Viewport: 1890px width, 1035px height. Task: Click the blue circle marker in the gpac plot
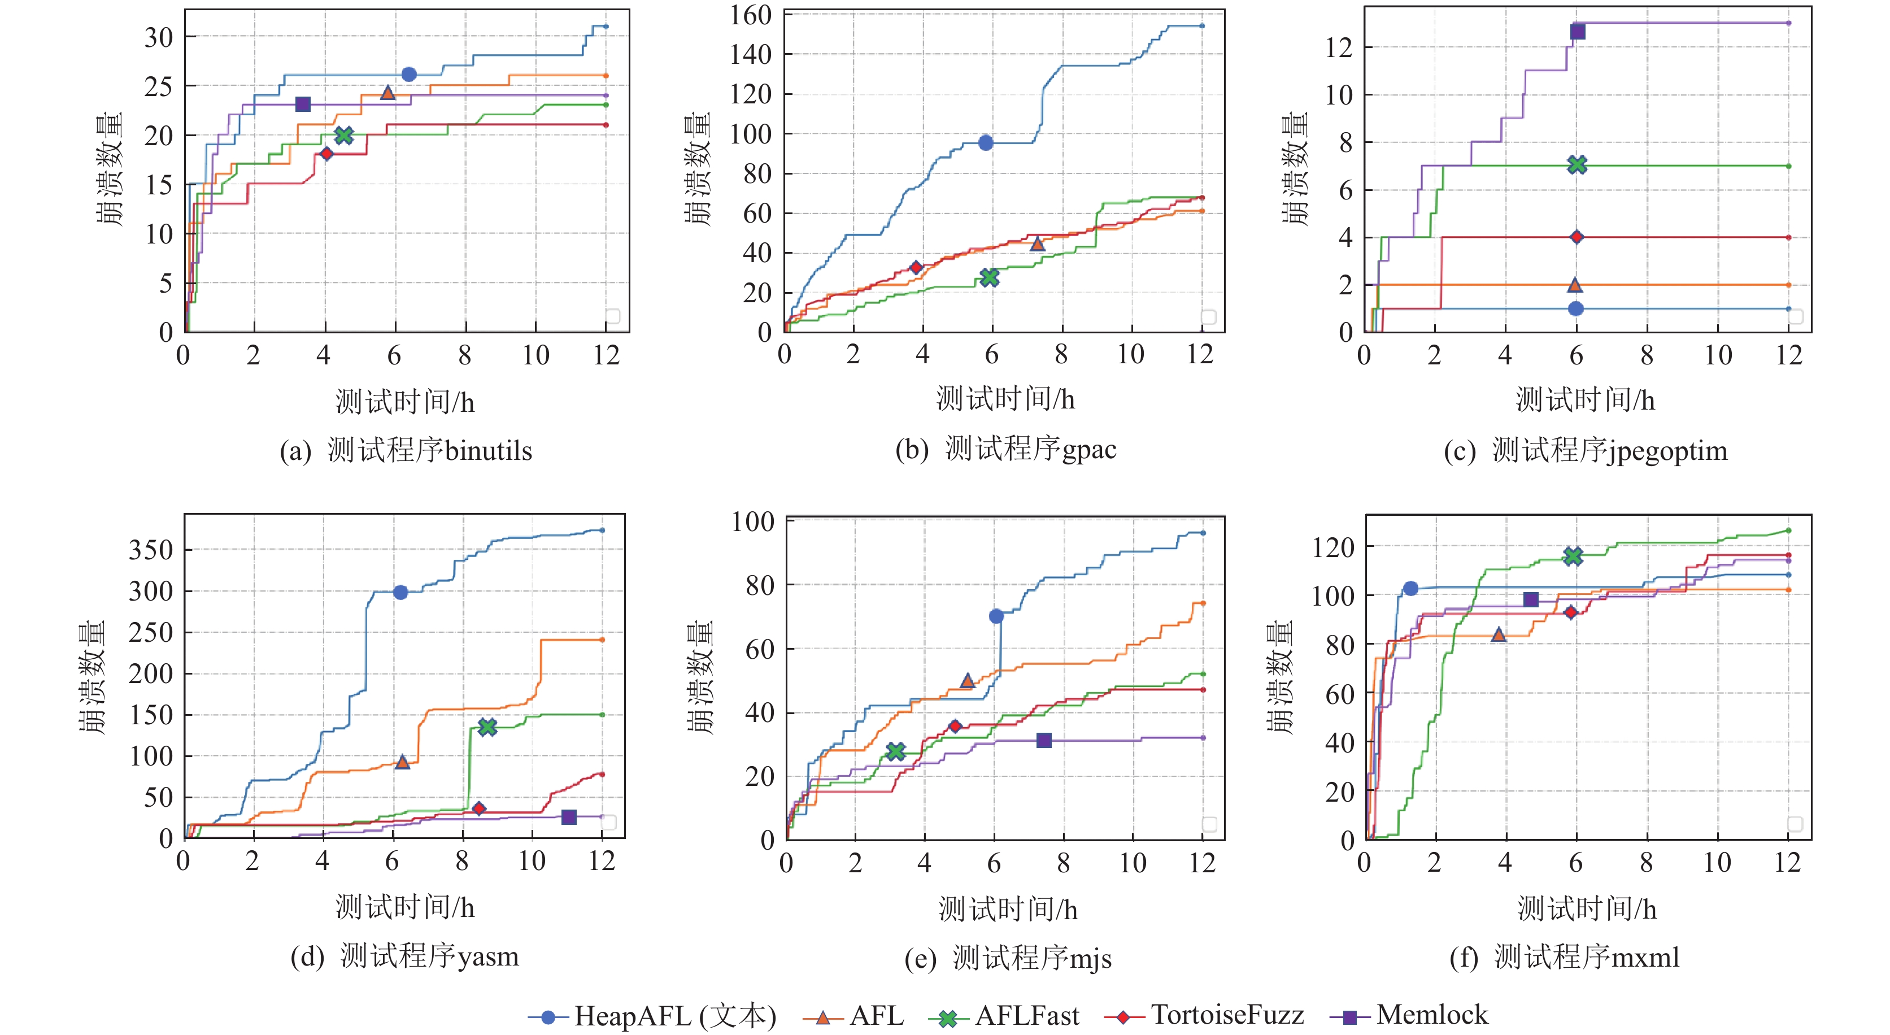985,142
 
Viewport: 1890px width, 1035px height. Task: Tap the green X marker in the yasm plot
487,727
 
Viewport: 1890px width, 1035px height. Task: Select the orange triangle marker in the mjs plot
967,680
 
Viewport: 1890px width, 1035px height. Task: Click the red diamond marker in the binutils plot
326,154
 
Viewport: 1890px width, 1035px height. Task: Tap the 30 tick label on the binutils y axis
159,37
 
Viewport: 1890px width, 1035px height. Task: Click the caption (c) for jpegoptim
1585,450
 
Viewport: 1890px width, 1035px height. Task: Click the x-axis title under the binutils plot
405,402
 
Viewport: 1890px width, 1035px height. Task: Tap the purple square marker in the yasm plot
569,817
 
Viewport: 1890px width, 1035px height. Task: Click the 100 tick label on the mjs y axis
753,522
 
